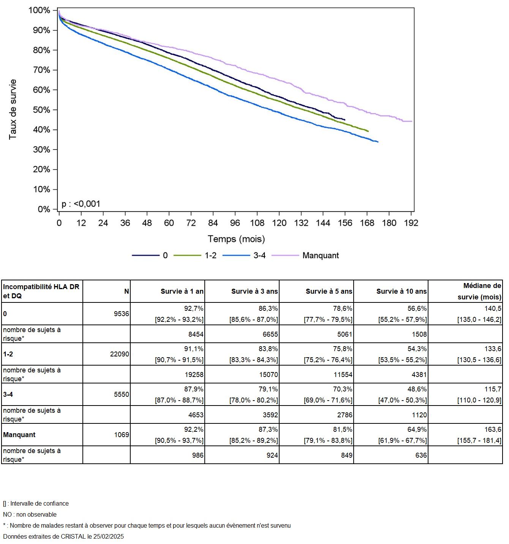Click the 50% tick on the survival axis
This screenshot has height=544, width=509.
[41, 110]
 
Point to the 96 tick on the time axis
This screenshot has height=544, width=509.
[235, 223]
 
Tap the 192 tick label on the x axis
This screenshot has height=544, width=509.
[411, 223]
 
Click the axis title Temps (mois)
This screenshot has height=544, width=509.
[236, 239]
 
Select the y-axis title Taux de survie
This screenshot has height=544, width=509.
[13, 109]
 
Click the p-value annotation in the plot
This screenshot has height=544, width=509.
[81, 204]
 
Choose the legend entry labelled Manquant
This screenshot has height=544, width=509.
[320, 256]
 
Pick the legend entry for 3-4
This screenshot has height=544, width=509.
[259, 256]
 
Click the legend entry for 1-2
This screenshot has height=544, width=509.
[210, 256]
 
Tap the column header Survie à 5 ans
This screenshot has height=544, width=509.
[329, 291]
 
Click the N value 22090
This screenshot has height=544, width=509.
[119, 354]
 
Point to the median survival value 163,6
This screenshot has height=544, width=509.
[493, 429]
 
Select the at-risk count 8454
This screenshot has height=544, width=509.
[195, 334]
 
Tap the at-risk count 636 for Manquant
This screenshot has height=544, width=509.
[421, 455]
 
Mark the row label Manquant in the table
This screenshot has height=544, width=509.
[19, 435]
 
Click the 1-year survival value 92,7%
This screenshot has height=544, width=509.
[193, 309]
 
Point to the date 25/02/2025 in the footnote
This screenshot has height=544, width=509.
[109, 537]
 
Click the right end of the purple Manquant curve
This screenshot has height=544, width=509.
[412, 121]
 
